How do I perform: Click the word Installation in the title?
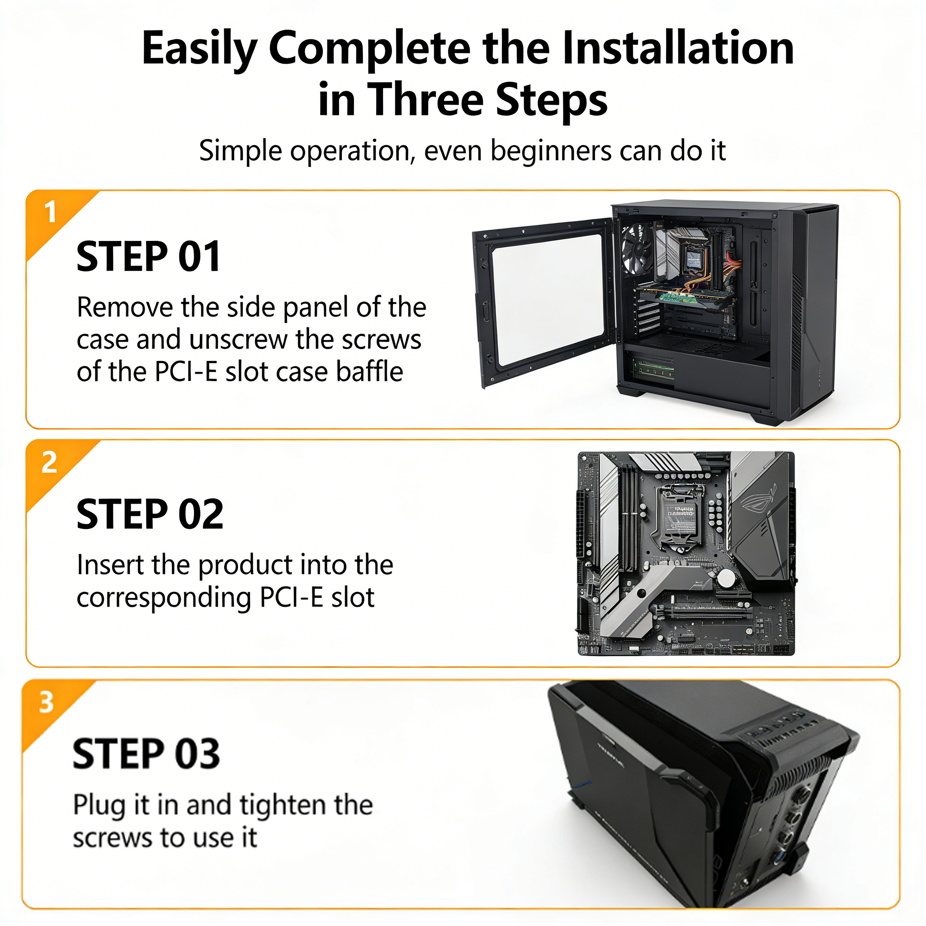678,48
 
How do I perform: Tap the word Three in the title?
426,99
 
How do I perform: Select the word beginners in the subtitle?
551,152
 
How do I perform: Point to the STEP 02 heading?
150,514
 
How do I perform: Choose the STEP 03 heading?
146,754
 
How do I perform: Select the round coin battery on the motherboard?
726,578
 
